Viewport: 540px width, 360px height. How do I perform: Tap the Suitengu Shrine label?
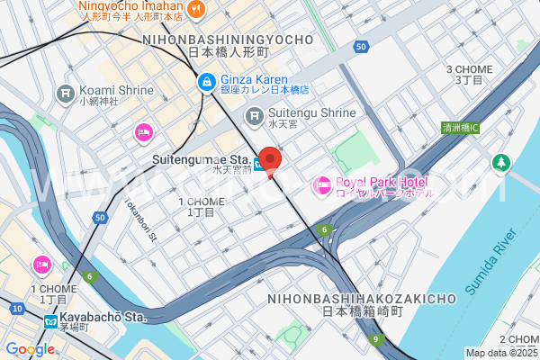pos(314,112)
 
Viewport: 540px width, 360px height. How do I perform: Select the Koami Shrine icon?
pos(65,93)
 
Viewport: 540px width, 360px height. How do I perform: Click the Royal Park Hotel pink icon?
pos(321,186)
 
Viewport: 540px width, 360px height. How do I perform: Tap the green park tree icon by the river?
pos(500,164)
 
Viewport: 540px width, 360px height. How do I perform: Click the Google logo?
pos(30,349)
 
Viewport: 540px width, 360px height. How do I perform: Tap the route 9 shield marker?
pos(380,340)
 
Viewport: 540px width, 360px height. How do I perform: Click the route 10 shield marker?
pos(17,309)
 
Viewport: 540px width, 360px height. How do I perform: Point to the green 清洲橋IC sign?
pos(461,128)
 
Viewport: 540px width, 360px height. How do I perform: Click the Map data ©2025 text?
pos(501,353)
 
